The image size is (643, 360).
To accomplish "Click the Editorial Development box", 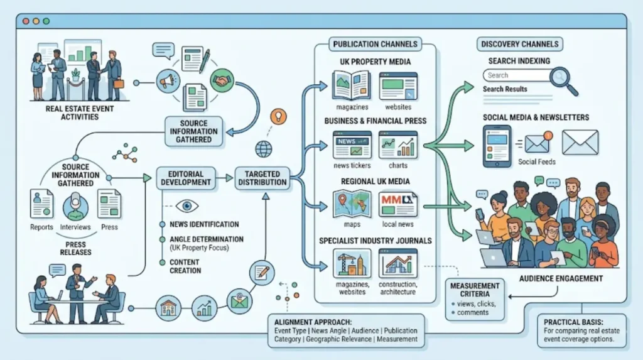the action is [186, 178].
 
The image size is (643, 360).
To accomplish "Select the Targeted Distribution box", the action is [262, 178].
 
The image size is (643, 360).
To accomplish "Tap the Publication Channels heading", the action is [376, 44].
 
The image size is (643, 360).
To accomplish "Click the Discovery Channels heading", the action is [519, 44].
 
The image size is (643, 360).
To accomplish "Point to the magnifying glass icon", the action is [563, 81].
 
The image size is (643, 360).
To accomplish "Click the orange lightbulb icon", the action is [278, 117].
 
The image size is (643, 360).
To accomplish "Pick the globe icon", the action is [264, 149].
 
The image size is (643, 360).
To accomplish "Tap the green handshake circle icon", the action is [222, 80].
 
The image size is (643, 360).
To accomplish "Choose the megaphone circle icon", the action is [168, 81].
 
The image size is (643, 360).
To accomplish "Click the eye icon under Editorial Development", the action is [187, 205].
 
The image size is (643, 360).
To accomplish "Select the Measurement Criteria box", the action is [475, 299].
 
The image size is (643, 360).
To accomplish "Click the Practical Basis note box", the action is [582, 331].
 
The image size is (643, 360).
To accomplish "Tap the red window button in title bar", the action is [26, 21].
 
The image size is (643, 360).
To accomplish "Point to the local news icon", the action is [397, 204].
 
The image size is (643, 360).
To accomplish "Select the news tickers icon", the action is [352, 145].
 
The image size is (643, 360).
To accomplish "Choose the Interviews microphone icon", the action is [75, 207].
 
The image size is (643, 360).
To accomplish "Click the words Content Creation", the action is [185, 266].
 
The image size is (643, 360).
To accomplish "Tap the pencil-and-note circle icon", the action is [262, 273].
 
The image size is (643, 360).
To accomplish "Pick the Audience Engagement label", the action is [561, 279].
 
